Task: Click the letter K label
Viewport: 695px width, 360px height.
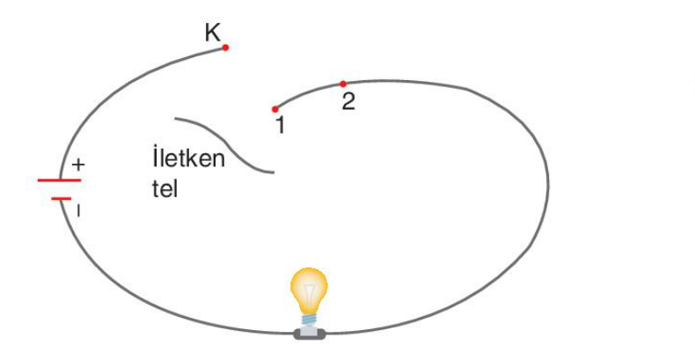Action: click(x=213, y=33)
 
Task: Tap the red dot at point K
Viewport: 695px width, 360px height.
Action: click(x=225, y=48)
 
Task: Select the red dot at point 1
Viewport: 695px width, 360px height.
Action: click(x=274, y=109)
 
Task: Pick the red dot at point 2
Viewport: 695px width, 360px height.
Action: click(x=342, y=84)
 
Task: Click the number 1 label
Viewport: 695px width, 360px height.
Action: click(x=280, y=126)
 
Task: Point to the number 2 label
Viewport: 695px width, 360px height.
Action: click(x=348, y=101)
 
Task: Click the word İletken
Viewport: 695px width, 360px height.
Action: click(x=188, y=158)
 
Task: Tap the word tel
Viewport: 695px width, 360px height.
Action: click(x=165, y=189)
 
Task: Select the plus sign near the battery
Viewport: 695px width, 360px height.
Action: click(x=78, y=165)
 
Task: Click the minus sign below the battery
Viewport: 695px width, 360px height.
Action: click(x=78, y=211)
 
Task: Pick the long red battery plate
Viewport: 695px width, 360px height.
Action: click(x=60, y=180)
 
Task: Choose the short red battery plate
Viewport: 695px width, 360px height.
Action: click(x=62, y=199)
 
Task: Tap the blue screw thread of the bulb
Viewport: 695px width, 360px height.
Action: click(x=310, y=320)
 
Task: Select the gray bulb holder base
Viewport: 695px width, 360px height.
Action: click(x=310, y=333)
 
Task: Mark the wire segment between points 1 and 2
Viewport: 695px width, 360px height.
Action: click(x=307, y=92)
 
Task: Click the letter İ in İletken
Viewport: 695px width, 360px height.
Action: click(x=155, y=158)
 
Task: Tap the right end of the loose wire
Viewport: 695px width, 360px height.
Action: click(x=274, y=172)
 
